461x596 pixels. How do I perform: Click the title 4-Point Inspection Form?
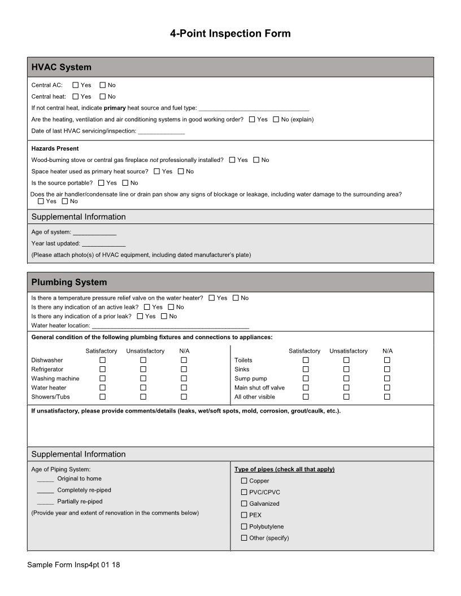click(230, 33)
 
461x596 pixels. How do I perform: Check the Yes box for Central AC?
click(76, 85)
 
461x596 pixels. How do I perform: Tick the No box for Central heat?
click(103, 97)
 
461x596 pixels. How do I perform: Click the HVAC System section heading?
click(61, 67)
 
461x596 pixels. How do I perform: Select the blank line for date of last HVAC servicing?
click(161, 132)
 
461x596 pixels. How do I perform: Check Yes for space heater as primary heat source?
click(157, 172)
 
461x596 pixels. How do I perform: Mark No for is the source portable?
click(125, 183)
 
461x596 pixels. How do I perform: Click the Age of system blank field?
click(94, 233)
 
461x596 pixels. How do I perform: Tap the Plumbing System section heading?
click(69, 282)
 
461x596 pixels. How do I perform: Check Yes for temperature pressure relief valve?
click(212, 298)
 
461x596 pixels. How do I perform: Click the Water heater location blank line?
click(170, 326)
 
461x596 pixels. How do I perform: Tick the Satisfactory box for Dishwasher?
click(103, 360)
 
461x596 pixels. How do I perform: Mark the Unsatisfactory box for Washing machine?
click(143, 379)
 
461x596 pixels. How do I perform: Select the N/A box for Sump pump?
click(387, 379)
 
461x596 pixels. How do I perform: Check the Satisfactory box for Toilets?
click(306, 360)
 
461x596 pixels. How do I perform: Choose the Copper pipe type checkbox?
click(244, 481)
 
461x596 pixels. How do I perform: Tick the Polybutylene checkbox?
click(244, 527)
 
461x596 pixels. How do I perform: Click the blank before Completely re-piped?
click(45, 490)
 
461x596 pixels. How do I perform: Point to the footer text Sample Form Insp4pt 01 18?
click(73, 565)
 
